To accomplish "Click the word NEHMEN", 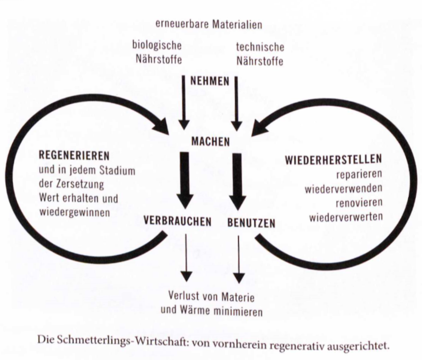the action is [x=209, y=81].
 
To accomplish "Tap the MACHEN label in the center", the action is [x=210, y=142].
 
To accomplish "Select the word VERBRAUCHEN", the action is [x=177, y=221].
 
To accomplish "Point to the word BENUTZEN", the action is [x=252, y=223].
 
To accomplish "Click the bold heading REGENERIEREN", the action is [x=74, y=156].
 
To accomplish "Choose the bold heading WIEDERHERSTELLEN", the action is [x=334, y=159].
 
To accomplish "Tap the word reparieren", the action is [x=359, y=174].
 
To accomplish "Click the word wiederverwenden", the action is [x=343, y=189].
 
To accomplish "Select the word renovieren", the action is [x=359, y=202].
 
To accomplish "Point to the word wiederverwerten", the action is [x=346, y=217].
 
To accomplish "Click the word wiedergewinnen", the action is [x=75, y=212].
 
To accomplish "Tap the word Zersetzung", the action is [x=80, y=184].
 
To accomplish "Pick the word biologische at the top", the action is [x=157, y=45].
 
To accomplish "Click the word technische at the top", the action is [x=260, y=47].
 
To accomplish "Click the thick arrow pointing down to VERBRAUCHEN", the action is [x=185, y=180].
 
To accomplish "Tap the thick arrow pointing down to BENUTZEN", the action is [x=238, y=182].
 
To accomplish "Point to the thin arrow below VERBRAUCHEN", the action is [x=186, y=258].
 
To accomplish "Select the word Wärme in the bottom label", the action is [x=193, y=311].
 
